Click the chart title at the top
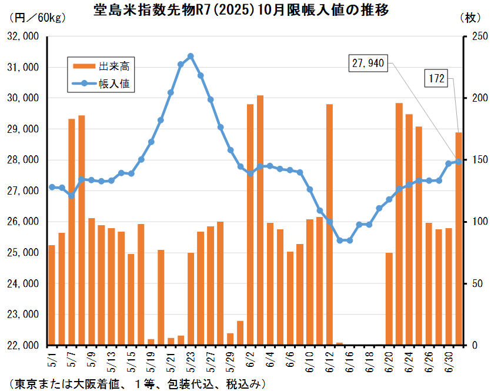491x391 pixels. [x=241, y=10]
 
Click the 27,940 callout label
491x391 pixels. [x=368, y=64]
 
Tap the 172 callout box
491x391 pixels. [x=436, y=78]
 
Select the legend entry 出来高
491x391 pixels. [x=101, y=66]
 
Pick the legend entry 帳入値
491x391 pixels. [x=101, y=83]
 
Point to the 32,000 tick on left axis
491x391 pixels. [x=23, y=36]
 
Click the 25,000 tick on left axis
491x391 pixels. [x=23, y=252]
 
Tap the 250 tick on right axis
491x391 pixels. [x=480, y=36]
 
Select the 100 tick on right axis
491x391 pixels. [x=480, y=222]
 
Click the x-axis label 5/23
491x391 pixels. [x=191, y=362]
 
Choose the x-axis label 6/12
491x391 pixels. [x=329, y=362]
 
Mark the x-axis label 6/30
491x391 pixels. [x=449, y=362]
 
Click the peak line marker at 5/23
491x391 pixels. [x=191, y=56]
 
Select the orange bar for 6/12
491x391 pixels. [x=329, y=225]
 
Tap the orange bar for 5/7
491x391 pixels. [x=72, y=232]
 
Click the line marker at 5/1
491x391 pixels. [x=52, y=187]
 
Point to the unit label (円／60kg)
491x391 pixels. [x=38, y=18]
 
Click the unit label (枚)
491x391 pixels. [x=470, y=18]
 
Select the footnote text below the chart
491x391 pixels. [x=137, y=384]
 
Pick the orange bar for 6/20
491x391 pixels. [x=389, y=299]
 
